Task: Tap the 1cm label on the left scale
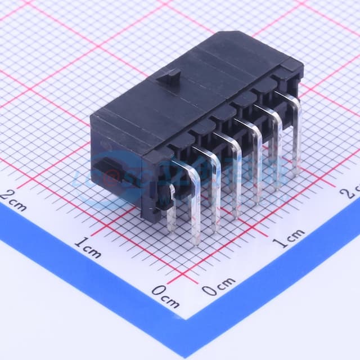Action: point(88,247)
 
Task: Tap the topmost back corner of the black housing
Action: point(225,32)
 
